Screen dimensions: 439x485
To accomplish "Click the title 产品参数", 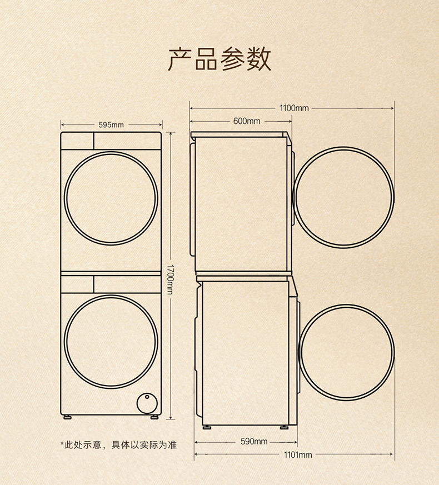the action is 219,59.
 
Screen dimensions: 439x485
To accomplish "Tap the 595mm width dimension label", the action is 111,124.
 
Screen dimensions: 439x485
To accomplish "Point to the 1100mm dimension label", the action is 294,107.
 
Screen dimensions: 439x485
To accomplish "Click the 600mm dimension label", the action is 247,121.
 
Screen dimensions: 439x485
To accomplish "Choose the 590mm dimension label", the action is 254,441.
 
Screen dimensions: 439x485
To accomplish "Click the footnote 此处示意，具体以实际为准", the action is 118,444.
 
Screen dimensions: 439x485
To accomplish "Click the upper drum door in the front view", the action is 111,197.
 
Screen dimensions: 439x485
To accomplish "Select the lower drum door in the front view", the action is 111,341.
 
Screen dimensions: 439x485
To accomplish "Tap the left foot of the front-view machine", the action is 68,416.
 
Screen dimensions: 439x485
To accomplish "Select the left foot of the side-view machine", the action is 208,427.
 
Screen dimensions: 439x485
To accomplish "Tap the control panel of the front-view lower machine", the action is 111,284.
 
